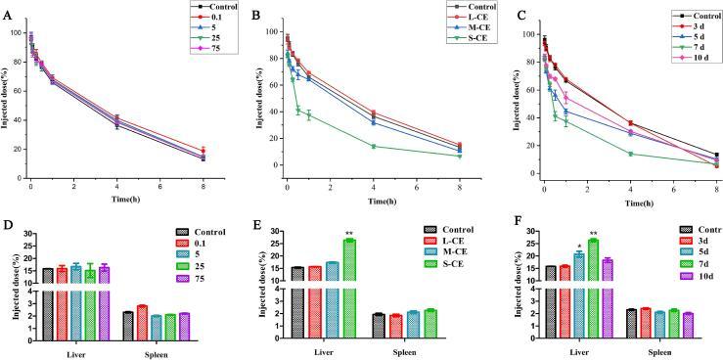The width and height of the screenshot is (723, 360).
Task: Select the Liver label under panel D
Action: pyautogui.click(x=74, y=350)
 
